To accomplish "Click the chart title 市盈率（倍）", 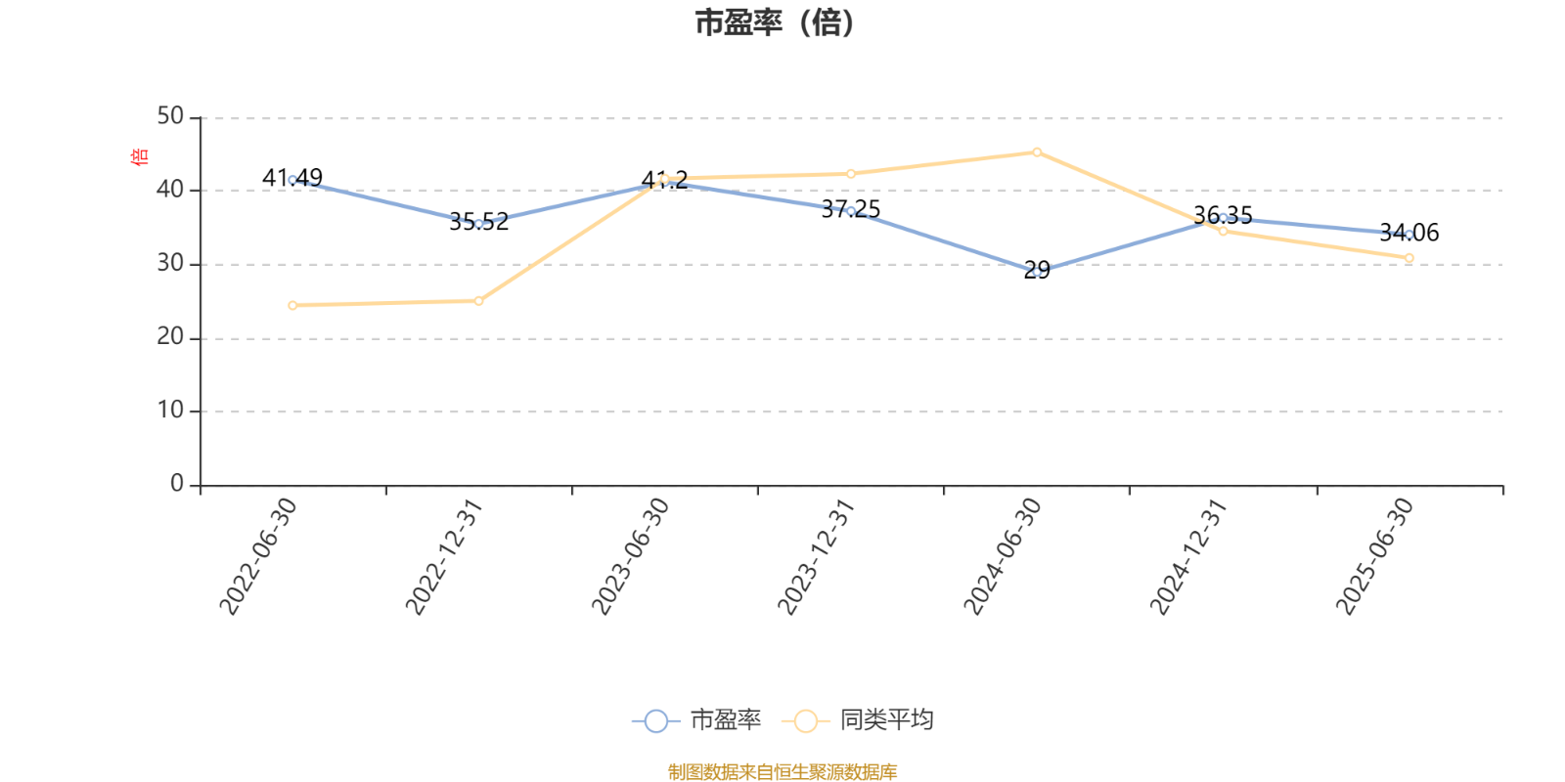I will coord(775,23).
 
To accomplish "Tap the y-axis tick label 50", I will coord(170,117).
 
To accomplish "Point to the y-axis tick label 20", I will coord(170,337).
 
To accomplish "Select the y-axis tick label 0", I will coord(177,484).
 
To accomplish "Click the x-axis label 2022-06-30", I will coord(256,556).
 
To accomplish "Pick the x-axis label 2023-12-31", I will coord(815,556).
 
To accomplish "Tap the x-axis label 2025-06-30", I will coord(1374,556).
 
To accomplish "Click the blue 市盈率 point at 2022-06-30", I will coord(292,180).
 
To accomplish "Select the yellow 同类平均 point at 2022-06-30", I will coord(292,305).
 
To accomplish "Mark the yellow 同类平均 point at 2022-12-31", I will coord(478,301).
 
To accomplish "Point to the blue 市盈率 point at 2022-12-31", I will coord(478,224).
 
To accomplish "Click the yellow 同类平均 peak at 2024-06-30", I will coord(1037,152).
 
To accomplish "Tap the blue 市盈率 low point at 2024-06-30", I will coord(1037,272).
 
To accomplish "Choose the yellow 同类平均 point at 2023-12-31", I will coord(851,174).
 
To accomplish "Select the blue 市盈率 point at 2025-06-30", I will coord(1408,235).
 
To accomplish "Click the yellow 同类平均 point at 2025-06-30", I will coord(1409,258).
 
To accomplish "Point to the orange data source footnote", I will coord(782,772).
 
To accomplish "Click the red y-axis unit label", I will coord(139,156).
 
